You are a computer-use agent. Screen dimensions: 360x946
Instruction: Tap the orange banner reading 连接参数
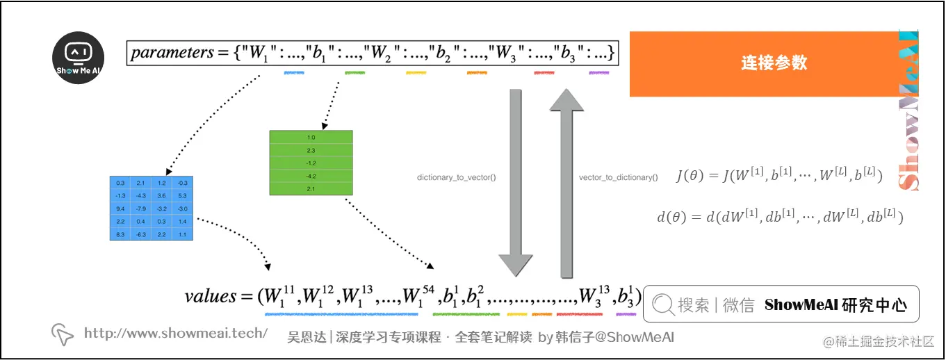774,63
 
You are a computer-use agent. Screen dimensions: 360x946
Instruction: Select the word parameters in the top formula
172,52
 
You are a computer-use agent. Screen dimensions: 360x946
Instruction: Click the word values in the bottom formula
211,296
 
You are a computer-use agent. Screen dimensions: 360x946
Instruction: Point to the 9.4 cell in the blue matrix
120,208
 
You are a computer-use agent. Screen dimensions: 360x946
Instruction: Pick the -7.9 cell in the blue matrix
141,208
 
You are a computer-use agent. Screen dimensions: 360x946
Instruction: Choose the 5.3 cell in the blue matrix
182,195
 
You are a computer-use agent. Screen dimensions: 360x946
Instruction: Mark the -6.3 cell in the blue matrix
141,235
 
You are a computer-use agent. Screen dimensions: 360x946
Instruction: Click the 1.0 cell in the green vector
311,138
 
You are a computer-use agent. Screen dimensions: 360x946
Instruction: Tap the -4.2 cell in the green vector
311,176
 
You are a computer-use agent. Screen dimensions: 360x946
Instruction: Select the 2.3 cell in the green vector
311,150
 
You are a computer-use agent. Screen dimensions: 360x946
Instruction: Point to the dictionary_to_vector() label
456,178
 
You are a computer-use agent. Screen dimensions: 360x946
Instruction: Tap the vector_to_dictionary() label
618,178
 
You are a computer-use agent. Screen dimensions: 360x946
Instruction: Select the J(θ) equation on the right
778,177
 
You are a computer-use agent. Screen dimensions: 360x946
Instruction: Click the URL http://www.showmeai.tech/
176,333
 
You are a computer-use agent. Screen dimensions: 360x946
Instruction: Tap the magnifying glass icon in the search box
663,304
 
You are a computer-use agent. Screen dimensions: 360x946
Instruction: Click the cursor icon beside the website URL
63,334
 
